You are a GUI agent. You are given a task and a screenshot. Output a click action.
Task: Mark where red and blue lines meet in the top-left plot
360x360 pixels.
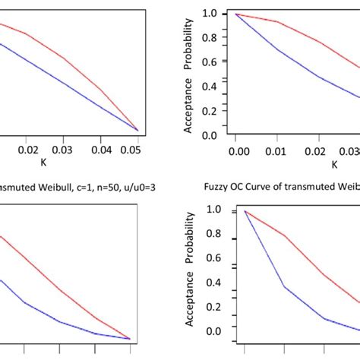coord(137,131)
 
